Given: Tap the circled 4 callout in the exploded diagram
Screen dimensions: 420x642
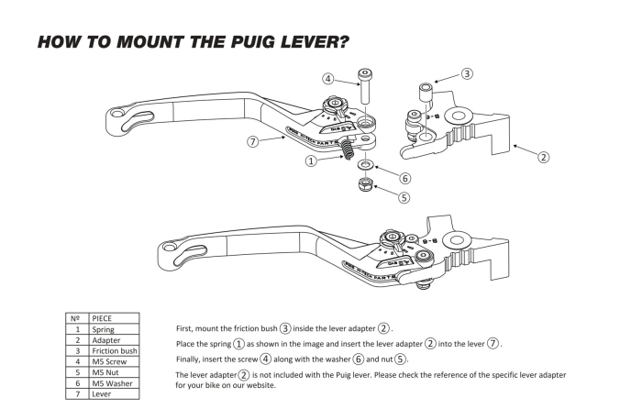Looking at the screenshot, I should point(328,79).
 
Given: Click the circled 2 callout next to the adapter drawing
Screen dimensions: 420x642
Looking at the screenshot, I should point(543,157).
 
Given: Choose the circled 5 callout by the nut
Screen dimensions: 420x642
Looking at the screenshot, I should point(404,195).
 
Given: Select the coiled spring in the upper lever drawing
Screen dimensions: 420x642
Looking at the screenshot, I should point(349,147).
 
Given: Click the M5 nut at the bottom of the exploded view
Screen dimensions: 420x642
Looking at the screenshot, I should point(365,186).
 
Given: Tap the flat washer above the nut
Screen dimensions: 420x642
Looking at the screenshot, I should point(365,165).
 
